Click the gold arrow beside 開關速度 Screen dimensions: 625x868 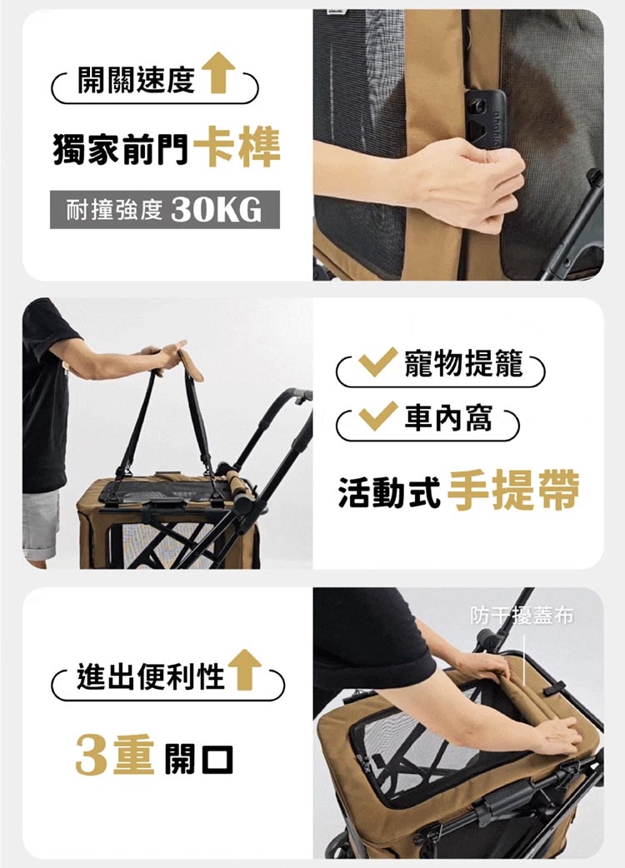[x=218, y=72]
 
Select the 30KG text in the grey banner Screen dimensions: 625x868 [x=216, y=211]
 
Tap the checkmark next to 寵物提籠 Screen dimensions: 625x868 [x=377, y=362]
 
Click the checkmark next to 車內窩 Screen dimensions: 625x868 [x=377, y=417]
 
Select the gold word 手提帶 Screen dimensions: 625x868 [x=512, y=491]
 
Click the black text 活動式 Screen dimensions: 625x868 [x=389, y=491]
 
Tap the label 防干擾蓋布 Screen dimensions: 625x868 [x=522, y=616]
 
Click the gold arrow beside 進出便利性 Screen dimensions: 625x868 [x=244, y=670]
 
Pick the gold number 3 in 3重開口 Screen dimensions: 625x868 [x=92, y=755]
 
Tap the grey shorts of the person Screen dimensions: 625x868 [x=40, y=523]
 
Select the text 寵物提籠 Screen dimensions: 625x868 [x=464, y=363]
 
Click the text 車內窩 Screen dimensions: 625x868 [x=447, y=417]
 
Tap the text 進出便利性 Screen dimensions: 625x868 [x=151, y=676]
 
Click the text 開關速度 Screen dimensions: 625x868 [x=137, y=80]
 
